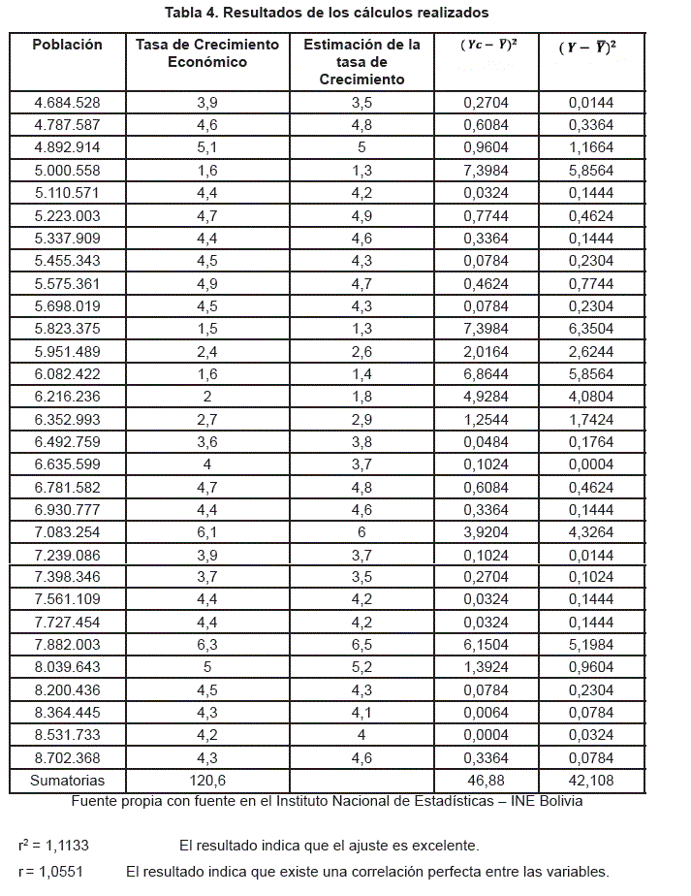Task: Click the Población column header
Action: pos(67,45)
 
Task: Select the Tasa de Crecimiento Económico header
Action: pos(206,53)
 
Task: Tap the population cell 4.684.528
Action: pos(67,103)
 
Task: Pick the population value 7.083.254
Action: pos(67,532)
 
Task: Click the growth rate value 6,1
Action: pos(206,532)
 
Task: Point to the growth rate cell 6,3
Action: pos(206,645)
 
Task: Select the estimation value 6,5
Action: pos(361,645)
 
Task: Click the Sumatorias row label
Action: pos(67,781)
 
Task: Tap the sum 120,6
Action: pos(206,781)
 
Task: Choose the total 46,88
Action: pos(486,781)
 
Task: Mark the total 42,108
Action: pos(591,781)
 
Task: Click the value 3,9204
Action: pos(486,532)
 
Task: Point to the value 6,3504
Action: pos(591,329)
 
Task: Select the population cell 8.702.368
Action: pos(67,758)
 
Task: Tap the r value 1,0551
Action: pos(60,872)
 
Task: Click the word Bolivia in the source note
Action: pos(557,801)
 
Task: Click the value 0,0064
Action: pos(486,713)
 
